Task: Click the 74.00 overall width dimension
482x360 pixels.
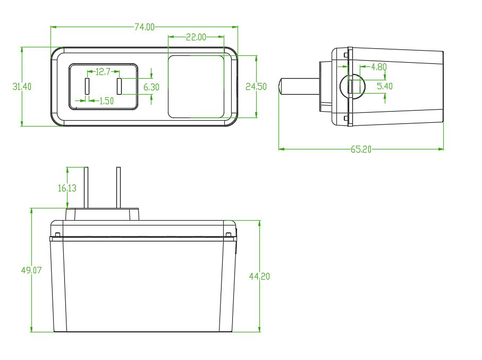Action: (x=145, y=27)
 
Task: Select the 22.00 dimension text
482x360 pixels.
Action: (x=196, y=37)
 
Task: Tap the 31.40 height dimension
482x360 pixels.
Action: (x=22, y=87)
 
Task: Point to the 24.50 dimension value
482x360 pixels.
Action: (x=256, y=87)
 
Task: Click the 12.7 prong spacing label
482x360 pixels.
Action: (x=103, y=72)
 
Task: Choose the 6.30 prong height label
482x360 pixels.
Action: (x=151, y=87)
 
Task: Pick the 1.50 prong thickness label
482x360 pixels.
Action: (x=106, y=101)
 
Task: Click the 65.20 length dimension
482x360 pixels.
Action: (x=361, y=149)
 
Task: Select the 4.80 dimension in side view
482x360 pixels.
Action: (x=379, y=67)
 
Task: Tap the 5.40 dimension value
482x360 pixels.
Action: (x=385, y=86)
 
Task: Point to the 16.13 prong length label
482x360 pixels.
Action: (x=67, y=188)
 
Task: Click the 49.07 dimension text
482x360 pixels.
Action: (x=31, y=270)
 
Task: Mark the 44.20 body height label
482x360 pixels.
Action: (x=259, y=277)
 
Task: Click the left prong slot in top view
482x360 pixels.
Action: (x=87, y=86)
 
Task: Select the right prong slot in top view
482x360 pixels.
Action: (x=119, y=86)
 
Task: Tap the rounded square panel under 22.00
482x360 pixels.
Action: (x=196, y=87)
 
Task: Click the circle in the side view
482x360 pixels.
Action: (x=352, y=86)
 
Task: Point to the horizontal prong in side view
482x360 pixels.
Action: (x=299, y=86)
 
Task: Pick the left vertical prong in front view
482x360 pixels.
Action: (x=87, y=188)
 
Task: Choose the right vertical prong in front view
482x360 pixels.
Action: (x=119, y=188)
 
